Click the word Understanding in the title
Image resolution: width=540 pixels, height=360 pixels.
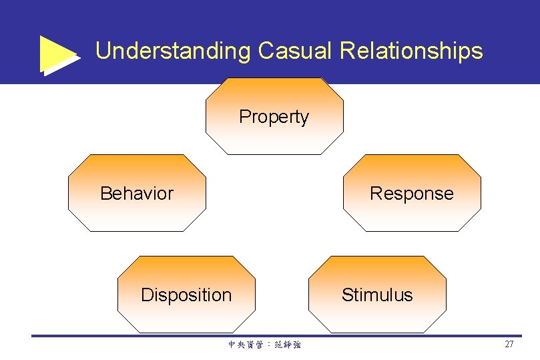(173, 51)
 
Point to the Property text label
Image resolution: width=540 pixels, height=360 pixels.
(274, 117)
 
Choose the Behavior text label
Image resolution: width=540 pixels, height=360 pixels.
(136, 194)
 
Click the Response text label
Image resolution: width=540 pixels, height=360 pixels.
(411, 194)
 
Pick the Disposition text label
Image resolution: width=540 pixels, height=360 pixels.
(186, 295)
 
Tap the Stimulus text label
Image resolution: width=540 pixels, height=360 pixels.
(377, 295)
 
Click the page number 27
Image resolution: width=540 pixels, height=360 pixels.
(509, 345)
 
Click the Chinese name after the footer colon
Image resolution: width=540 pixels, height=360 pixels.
(288, 345)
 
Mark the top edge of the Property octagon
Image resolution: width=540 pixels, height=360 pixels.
(274, 79)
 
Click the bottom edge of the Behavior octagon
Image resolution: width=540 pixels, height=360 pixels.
(136, 231)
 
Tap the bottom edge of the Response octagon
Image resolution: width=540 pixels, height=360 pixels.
(411, 231)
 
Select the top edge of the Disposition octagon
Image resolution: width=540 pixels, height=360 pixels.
(186, 257)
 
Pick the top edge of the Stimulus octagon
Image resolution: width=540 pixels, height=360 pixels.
(377, 257)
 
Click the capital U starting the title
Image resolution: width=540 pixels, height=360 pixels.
(103, 51)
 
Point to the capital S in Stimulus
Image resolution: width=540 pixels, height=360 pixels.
(347, 295)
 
